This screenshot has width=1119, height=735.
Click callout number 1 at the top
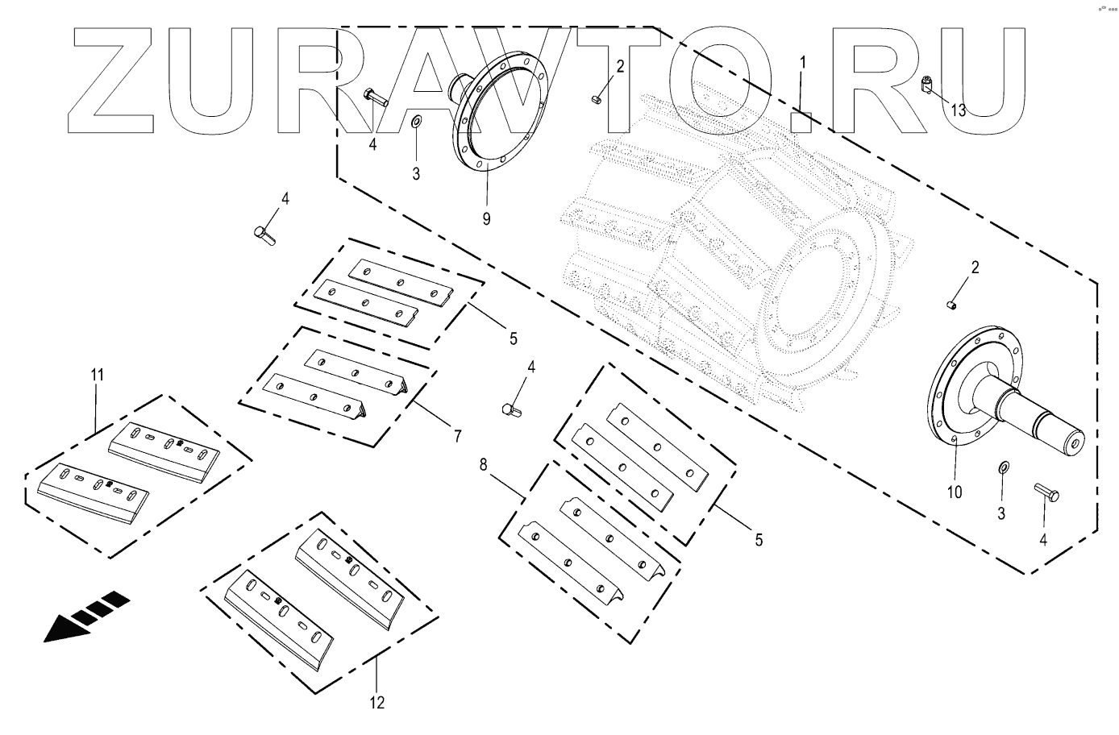tap(802, 62)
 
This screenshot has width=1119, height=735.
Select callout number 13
tap(958, 110)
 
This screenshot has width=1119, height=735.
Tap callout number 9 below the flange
tap(486, 218)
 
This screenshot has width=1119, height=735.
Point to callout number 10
tap(954, 492)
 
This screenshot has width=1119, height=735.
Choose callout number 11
tap(97, 375)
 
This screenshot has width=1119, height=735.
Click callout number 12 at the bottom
tap(377, 703)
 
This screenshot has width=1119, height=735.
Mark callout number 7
tap(457, 437)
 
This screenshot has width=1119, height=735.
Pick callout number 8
tap(483, 465)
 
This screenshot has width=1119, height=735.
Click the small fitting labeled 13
tap(927, 83)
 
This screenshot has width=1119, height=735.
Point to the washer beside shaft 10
tap(1002, 467)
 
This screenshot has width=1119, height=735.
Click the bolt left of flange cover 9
tap(376, 98)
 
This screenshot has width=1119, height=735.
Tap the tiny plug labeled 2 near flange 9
tap(595, 99)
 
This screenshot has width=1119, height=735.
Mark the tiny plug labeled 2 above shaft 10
tap(951, 305)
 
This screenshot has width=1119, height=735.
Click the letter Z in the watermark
tap(113, 81)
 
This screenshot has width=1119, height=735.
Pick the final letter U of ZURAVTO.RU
tap(980, 81)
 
